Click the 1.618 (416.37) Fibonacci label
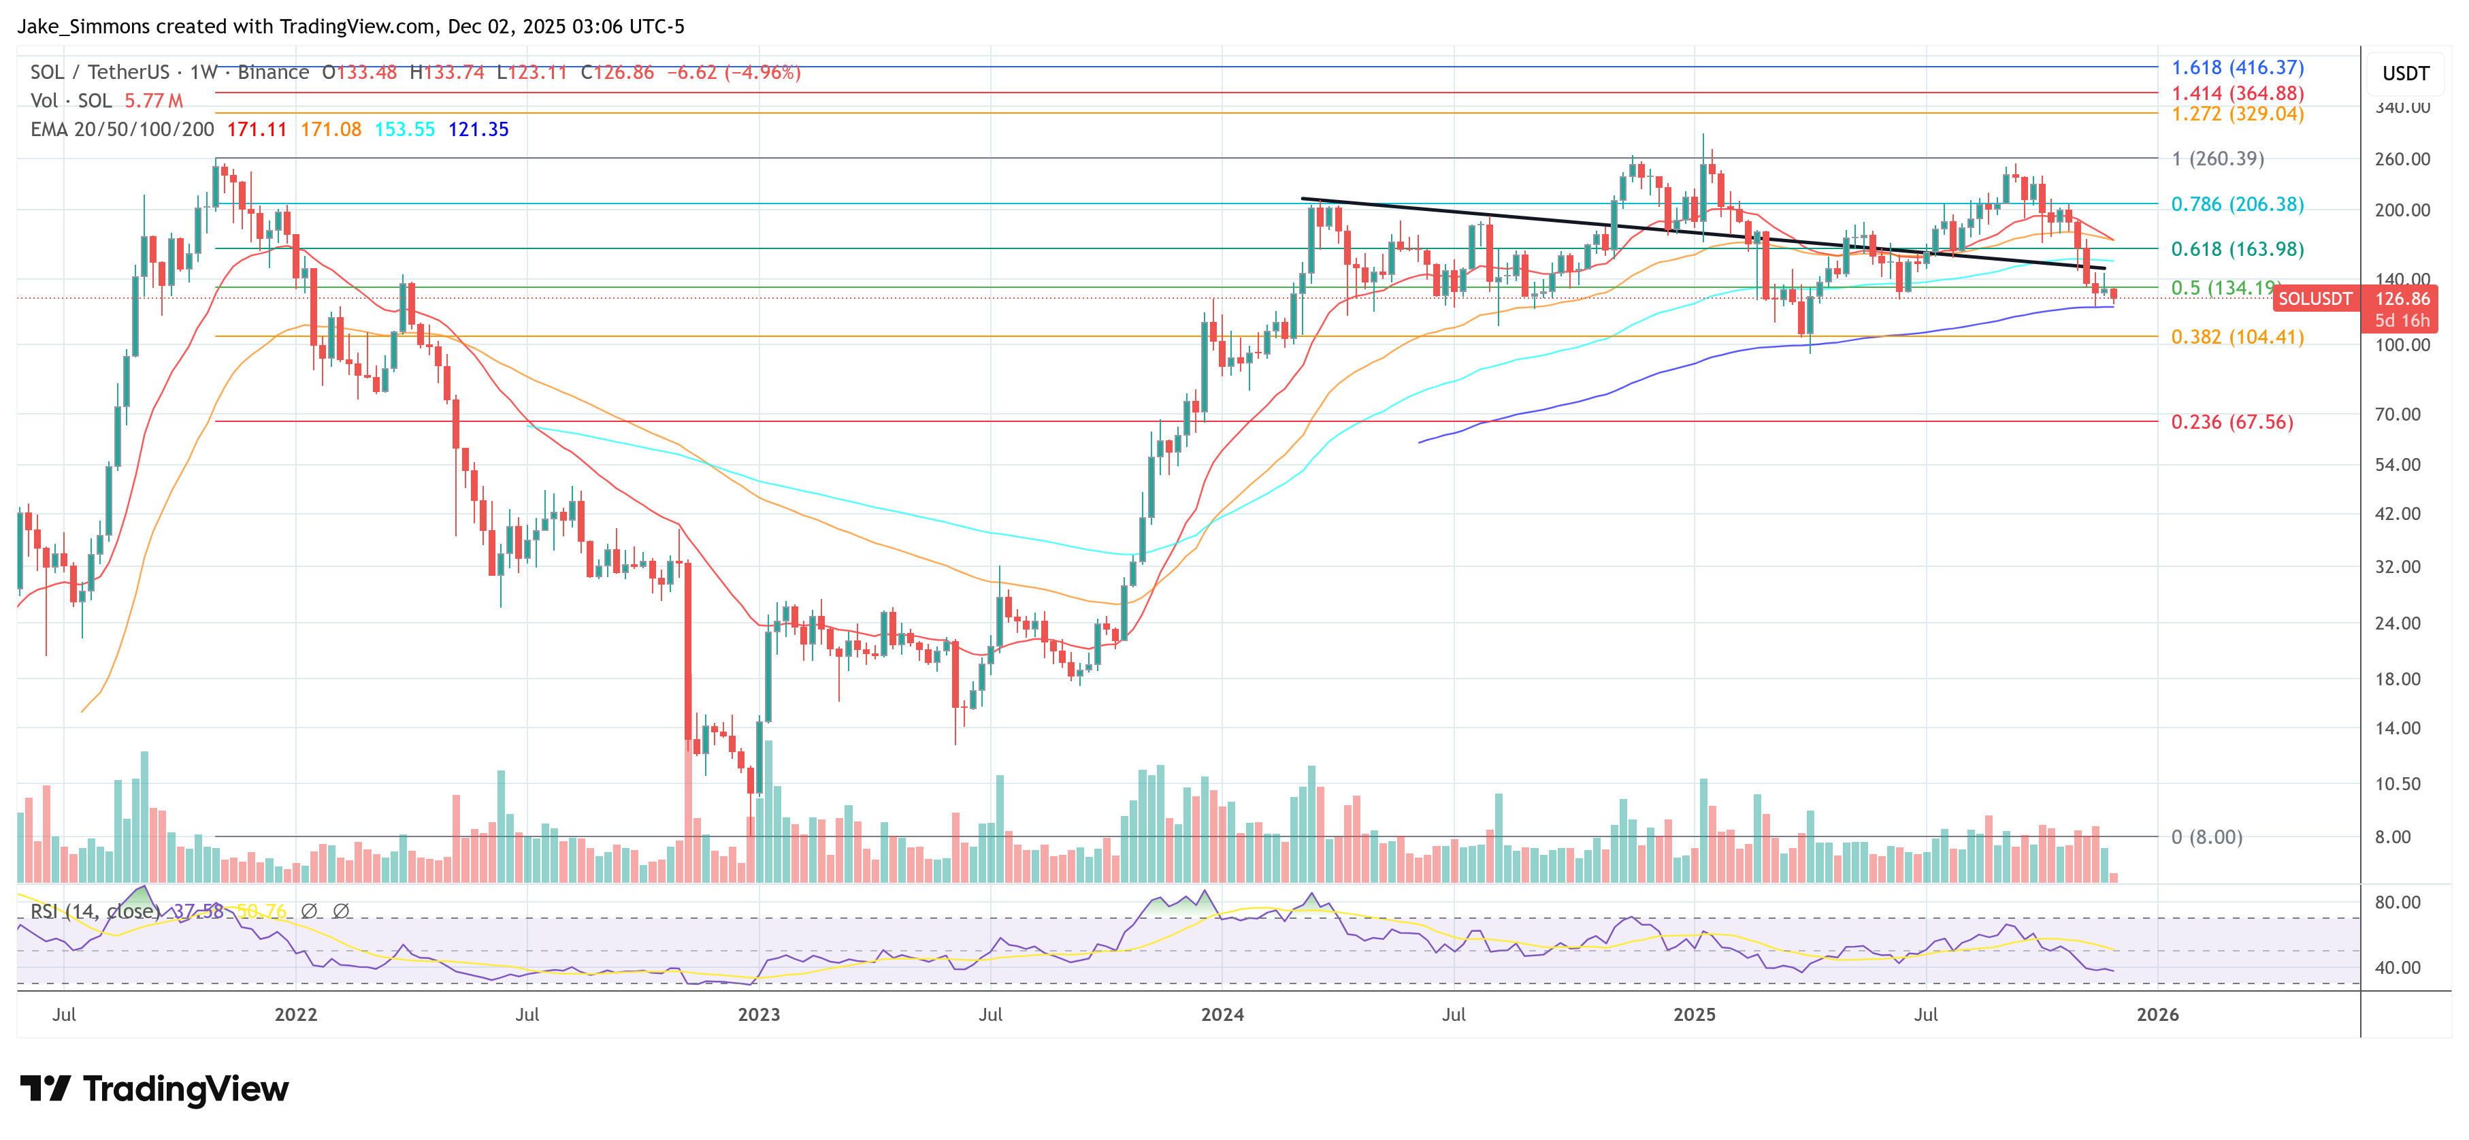pyautogui.click(x=2236, y=67)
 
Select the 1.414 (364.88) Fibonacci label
pyautogui.click(x=2236, y=93)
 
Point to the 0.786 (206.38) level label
pyautogui.click(x=2236, y=203)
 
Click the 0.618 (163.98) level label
pyautogui.click(x=2236, y=248)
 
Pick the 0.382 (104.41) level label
pyautogui.click(x=2236, y=336)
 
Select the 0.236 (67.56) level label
pyautogui.click(x=2231, y=422)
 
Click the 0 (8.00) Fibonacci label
pyautogui.click(x=2206, y=837)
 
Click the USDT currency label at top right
pyautogui.click(x=2405, y=74)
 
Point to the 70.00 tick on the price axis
pyautogui.click(x=2397, y=414)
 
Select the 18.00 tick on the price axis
pyautogui.click(x=2397, y=679)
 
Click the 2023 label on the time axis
pyautogui.click(x=758, y=1014)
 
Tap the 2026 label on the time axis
pyautogui.click(x=2157, y=1014)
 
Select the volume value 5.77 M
pyautogui.click(x=153, y=101)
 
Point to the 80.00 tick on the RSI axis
pyautogui.click(x=2397, y=902)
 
